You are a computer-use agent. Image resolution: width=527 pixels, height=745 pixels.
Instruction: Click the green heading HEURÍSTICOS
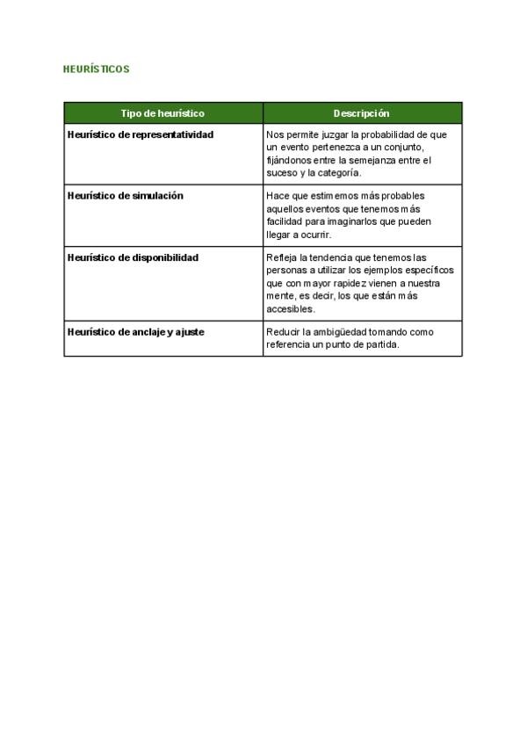97,69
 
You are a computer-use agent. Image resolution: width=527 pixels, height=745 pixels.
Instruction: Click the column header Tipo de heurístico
162,113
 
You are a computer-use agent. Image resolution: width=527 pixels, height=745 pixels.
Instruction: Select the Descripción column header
362,113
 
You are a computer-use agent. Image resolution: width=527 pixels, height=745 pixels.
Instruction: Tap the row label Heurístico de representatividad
141,134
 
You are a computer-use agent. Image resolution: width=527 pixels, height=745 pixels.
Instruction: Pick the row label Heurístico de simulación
126,196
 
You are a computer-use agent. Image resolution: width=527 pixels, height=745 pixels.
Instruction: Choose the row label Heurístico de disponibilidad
134,257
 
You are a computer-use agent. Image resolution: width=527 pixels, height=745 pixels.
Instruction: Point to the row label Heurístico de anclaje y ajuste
136,332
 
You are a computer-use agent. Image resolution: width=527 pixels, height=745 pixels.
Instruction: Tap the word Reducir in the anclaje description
283,333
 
